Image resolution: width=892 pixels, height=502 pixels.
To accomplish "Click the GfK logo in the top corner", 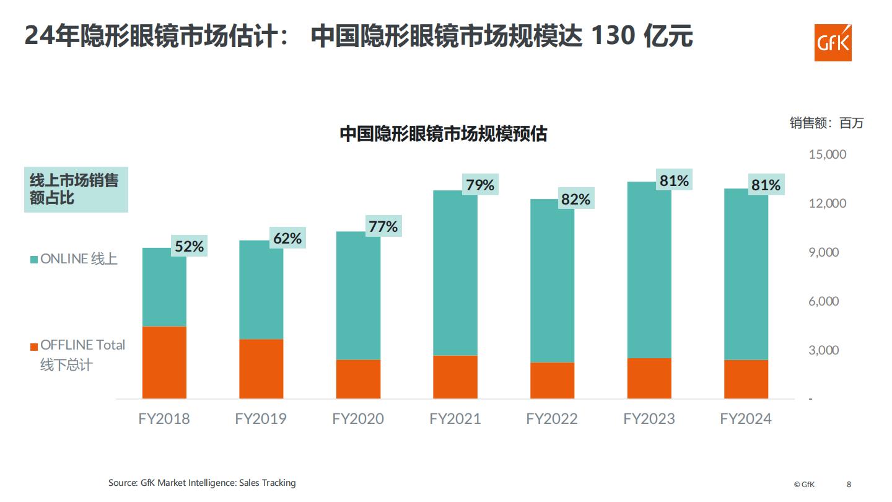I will coord(833,43).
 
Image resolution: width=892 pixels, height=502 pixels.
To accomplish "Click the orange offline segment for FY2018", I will coord(164,362).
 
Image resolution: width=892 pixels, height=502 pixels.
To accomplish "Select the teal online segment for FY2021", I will coord(455,273).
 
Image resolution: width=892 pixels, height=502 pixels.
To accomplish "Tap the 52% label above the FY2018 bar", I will coord(189,247).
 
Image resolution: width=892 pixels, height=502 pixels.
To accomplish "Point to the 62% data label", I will coord(287,239).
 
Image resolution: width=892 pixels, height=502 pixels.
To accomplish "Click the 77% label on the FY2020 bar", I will coord(383,227).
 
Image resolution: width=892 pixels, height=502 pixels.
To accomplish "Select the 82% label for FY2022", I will coord(575,200).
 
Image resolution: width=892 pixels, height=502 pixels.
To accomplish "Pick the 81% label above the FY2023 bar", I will coord(674,181).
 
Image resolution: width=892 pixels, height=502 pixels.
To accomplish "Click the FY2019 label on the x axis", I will coord(261,419).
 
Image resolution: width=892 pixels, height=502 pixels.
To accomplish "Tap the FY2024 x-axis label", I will coord(746,419).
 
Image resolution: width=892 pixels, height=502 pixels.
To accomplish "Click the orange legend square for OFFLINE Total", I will coord(34,346).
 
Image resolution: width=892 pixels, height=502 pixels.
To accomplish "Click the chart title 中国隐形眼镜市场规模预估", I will coord(443,134).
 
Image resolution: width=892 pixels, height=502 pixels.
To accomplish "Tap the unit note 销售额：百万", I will coord(826,123).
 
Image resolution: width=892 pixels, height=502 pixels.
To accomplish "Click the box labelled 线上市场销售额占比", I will coord(76,190).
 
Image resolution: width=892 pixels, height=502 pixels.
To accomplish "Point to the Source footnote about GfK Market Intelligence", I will coord(202,483).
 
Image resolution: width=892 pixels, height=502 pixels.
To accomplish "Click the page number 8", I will coord(849,484).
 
